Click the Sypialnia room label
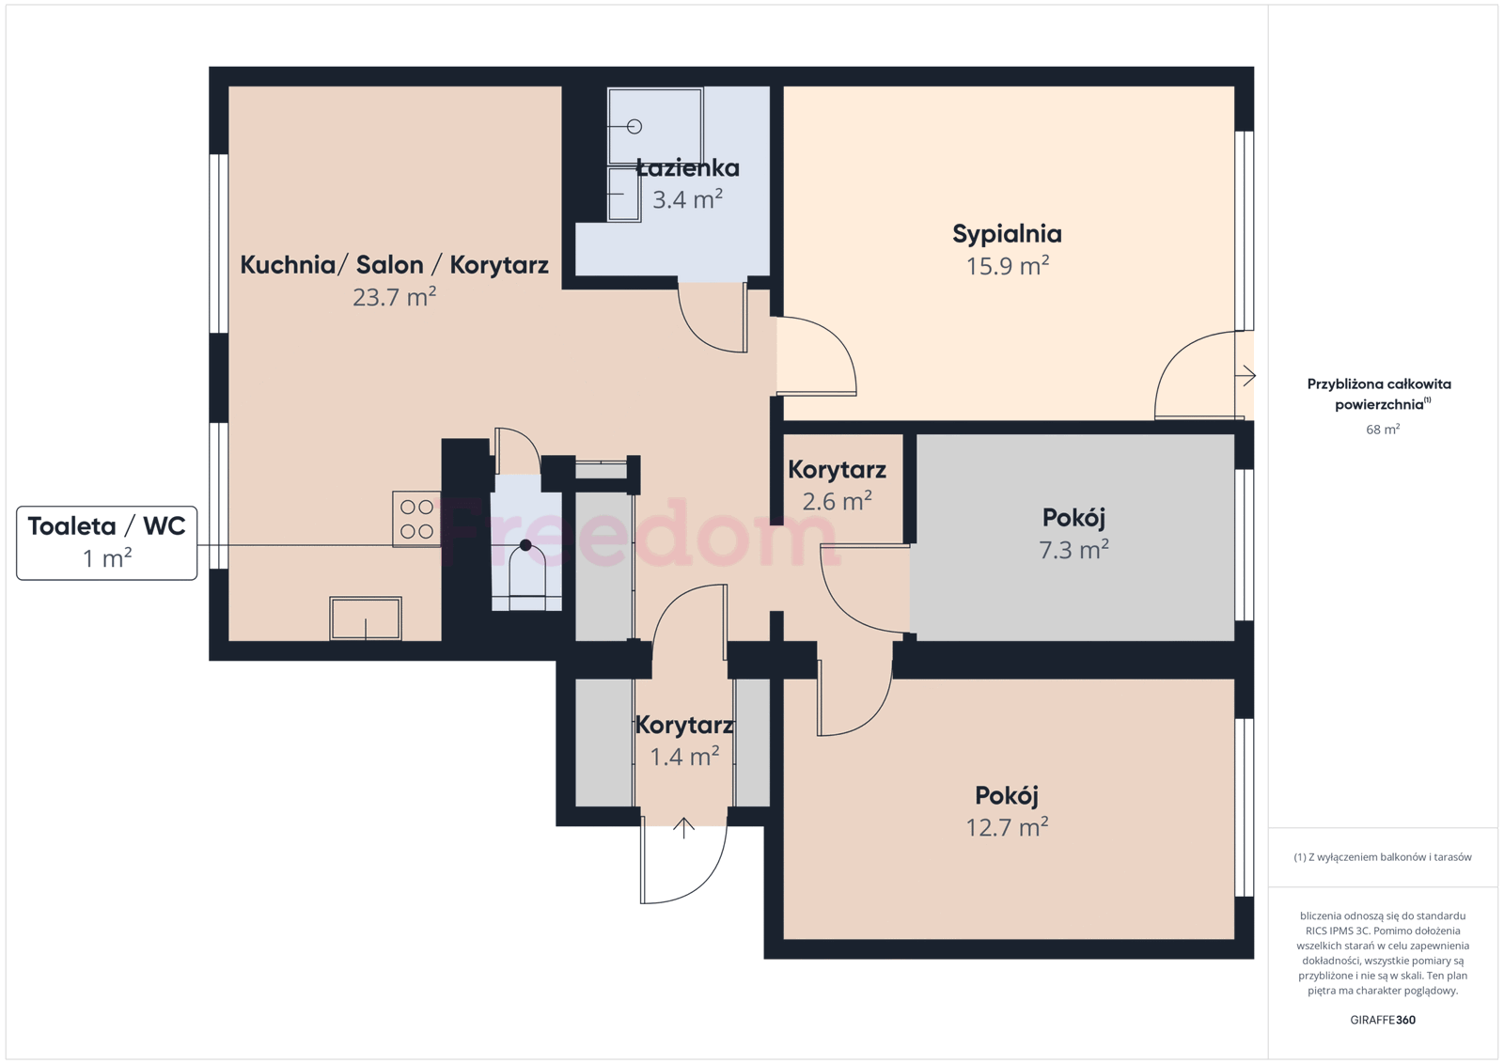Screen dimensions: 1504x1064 [x=1007, y=234]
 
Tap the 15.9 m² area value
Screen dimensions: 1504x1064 [x=1007, y=266]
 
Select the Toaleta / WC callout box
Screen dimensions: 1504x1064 [x=107, y=542]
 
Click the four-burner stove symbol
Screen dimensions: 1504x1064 [x=416, y=519]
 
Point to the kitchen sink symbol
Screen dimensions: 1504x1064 [x=366, y=618]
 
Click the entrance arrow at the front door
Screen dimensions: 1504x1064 [x=683, y=828]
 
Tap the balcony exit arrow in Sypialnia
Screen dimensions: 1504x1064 [x=1245, y=375]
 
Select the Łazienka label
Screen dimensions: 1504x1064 [x=687, y=168]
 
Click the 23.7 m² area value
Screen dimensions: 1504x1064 [x=394, y=297]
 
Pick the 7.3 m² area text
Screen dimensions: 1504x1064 [x=1073, y=550]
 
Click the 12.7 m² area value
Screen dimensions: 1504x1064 [x=1007, y=827]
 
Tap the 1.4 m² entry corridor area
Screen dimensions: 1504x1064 [x=684, y=757]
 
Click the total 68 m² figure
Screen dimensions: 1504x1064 [x=1383, y=429]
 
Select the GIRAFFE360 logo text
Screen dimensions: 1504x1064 [x=1383, y=1020]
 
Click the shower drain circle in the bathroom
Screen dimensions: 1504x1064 [x=634, y=126]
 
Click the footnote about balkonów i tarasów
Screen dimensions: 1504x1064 [x=1383, y=856]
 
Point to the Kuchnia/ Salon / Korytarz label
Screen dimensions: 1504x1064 [x=394, y=264]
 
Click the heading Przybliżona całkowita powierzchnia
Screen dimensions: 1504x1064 [x=1379, y=394]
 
